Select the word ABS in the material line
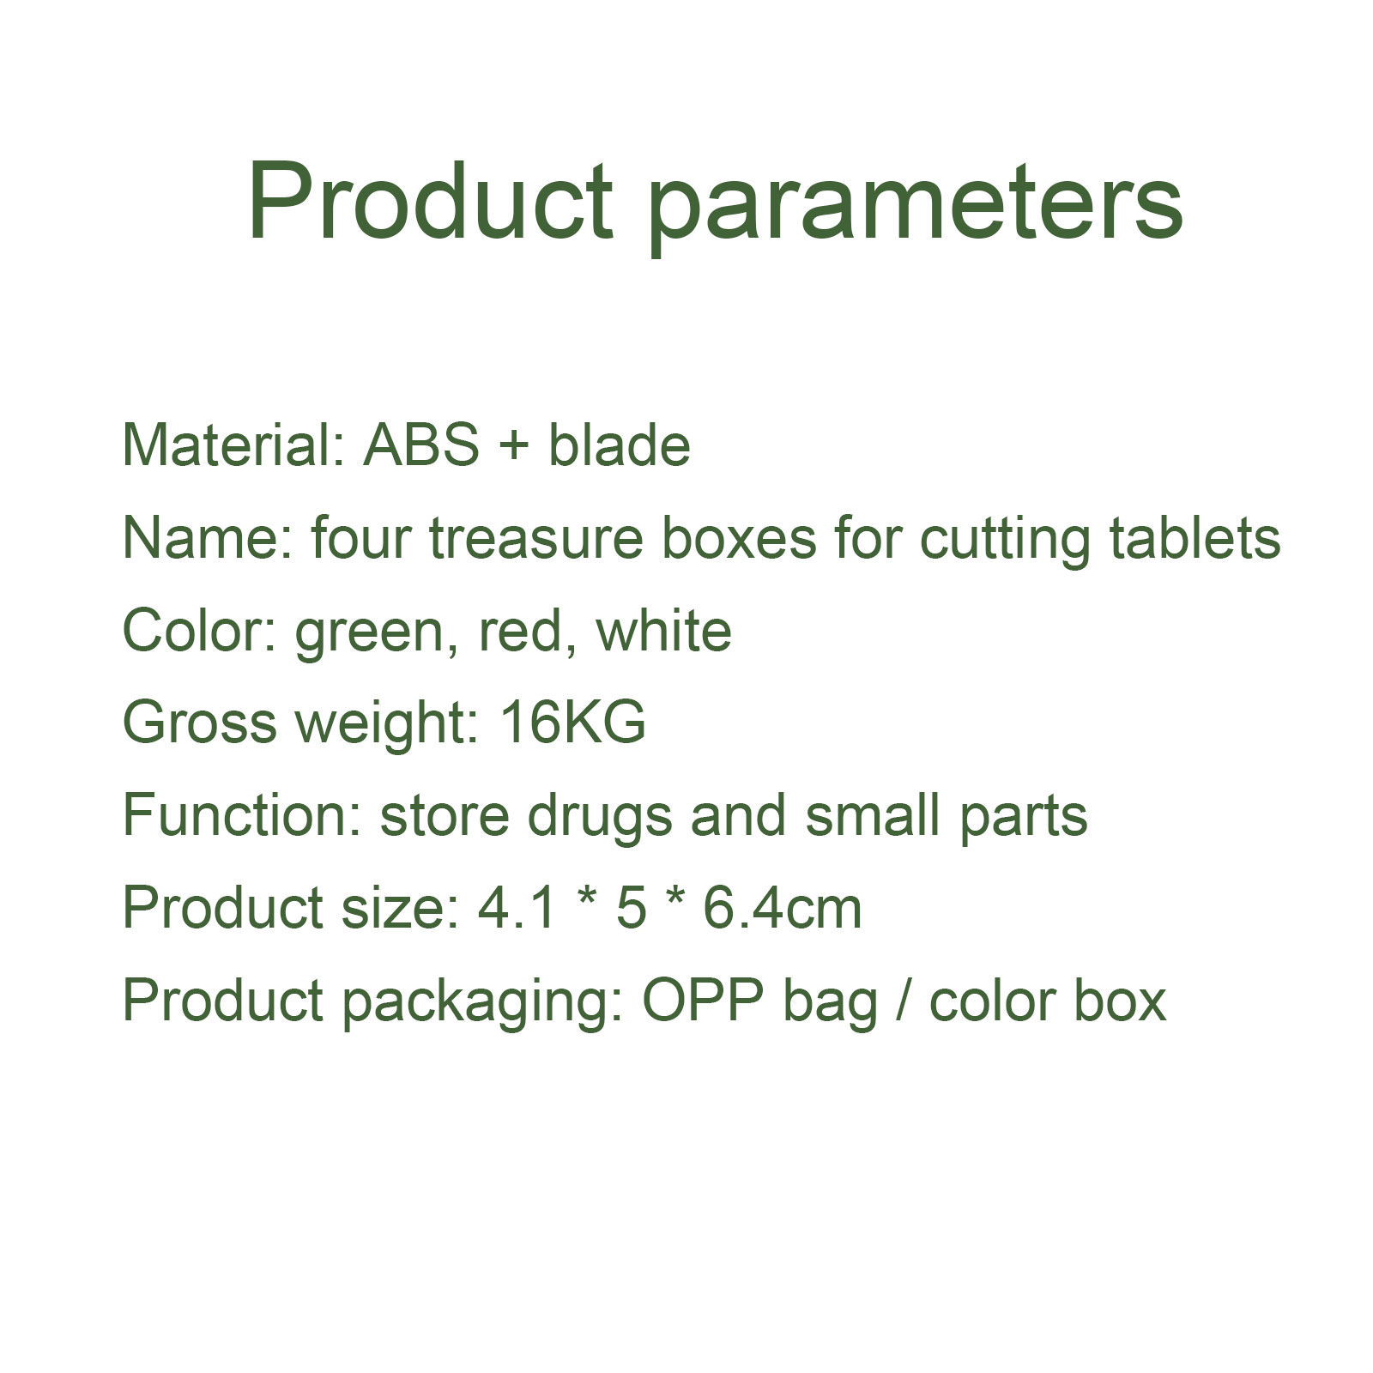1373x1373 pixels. click(421, 445)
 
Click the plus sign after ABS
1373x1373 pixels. click(513, 446)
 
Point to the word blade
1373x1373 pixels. click(619, 445)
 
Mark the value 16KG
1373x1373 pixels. click(572, 723)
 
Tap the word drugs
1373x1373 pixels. click(600, 820)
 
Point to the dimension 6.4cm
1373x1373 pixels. click(783, 909)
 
